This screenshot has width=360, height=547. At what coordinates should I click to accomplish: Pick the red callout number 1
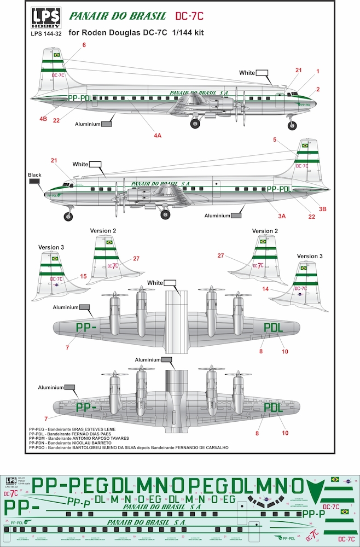[317, 71]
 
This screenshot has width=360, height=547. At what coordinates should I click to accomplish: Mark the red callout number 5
[274, 139]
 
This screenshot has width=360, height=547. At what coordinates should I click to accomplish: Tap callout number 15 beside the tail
[83, 277]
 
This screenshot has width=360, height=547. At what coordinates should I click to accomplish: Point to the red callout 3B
[324, 208]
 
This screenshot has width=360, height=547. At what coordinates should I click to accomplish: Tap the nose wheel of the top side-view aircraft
[292, 126]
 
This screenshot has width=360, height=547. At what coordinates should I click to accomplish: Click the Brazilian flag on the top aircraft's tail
[55, 55]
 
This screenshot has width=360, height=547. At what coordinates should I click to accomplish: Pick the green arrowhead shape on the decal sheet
[313, 485]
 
